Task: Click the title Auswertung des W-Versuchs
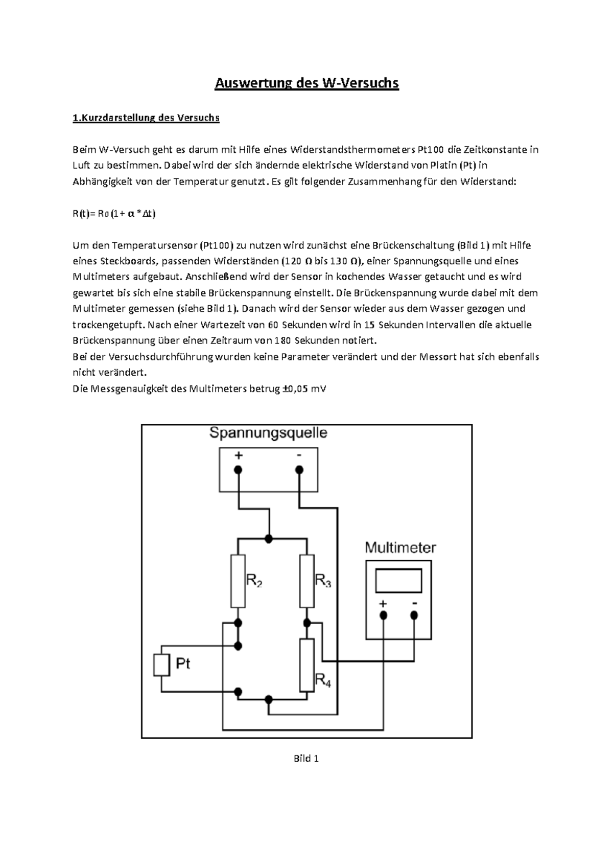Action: (x=306, y=83)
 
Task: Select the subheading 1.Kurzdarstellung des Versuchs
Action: (x=146, y=118)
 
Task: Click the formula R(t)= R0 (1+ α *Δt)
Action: (x=114, y=214)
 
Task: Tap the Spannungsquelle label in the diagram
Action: (x=268, y=433)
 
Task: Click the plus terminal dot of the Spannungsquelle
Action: (x=238, y=470)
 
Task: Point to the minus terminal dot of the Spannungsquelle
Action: (x=299, y=470)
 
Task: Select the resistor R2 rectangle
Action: (x=238, y=581)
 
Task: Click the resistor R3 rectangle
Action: (x=306, y=581)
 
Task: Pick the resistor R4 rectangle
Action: (x=306, y=665)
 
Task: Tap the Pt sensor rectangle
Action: (x=161, y=665)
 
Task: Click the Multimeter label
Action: (x=400, y=548)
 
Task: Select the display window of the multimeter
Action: (x=398, y=581)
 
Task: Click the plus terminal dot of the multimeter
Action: (x=383, y=615)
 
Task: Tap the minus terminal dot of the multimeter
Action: (x=414, y=615)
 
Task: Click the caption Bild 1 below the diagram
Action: (x=306, y=759)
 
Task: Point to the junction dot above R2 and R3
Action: (x=269, y=539)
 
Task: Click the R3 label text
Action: (x=323, y=581)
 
